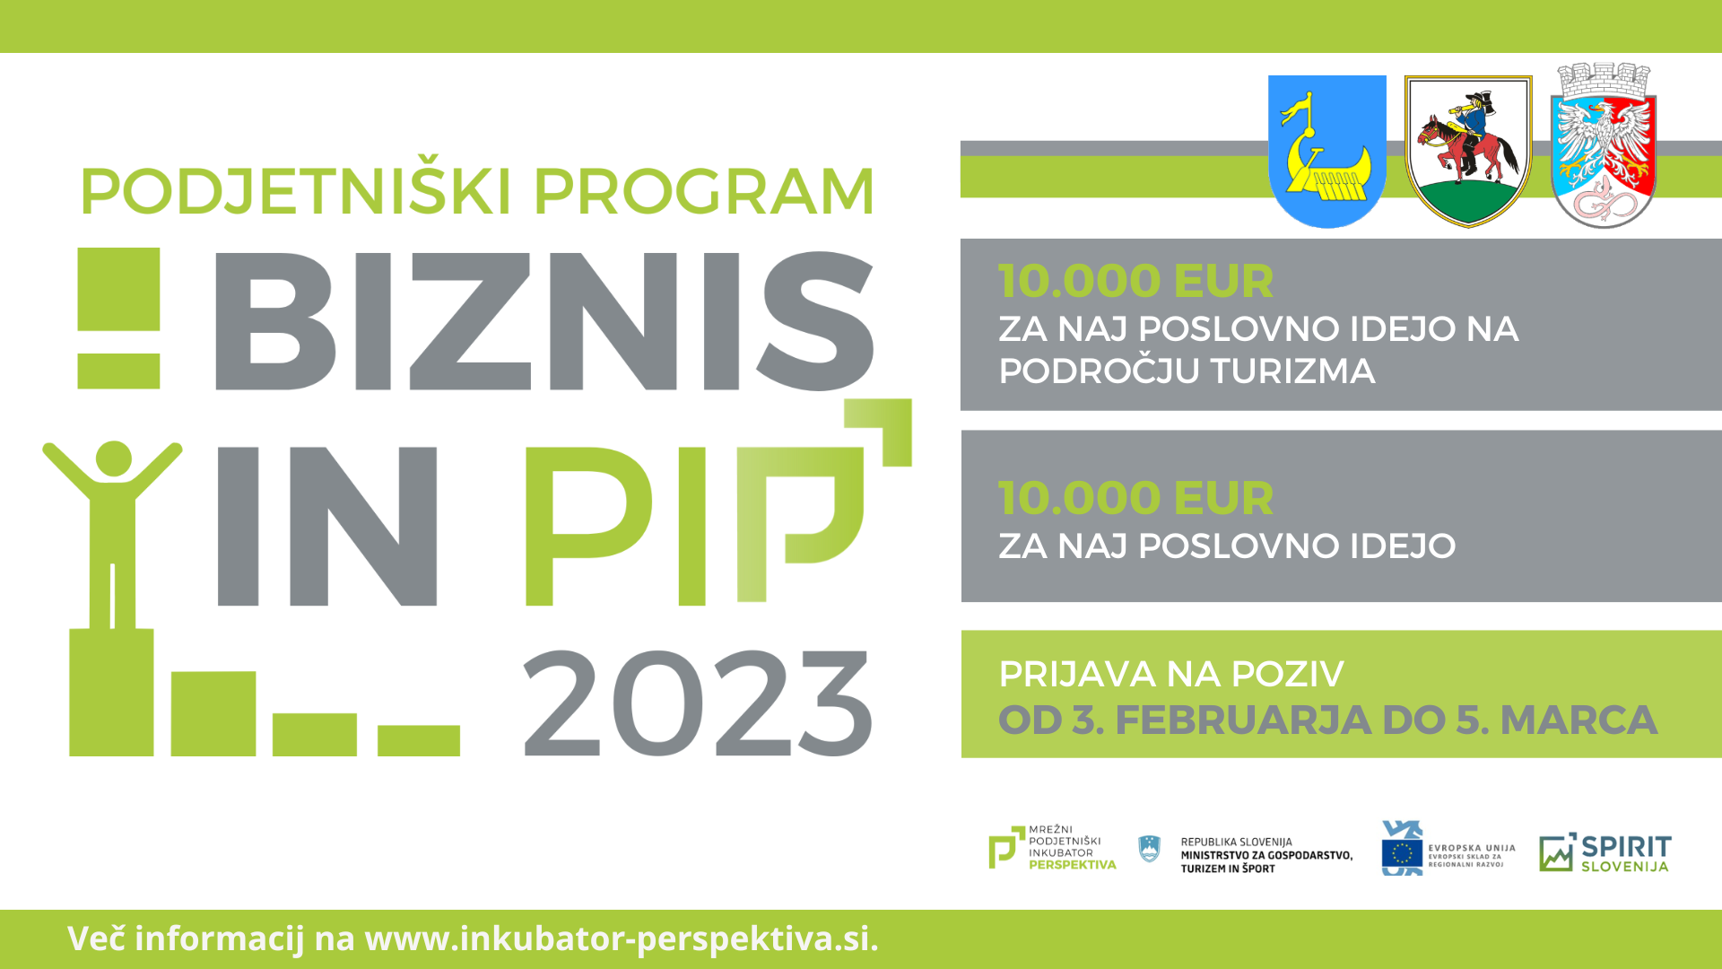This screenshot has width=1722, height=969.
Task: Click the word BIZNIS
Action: pos(544,321)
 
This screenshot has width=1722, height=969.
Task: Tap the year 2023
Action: pos(697,703)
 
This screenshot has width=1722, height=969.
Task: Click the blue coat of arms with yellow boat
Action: pos(1327,151)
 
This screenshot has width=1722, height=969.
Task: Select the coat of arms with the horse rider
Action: pos(1468,151)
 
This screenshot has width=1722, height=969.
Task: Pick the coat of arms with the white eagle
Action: pos(1604,145)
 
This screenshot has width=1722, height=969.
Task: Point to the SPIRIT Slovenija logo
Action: pos(1605,852)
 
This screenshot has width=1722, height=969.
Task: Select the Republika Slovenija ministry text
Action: pos(1266,855)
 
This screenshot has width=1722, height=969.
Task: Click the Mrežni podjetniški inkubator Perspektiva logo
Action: pos(1053,848)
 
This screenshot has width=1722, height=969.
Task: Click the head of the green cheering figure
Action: pos(114,458)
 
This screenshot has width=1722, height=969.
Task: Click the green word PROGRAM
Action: pos(704,191)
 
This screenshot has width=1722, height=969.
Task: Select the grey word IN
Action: pos(327,526)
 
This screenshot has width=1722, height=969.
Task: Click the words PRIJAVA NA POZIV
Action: pos(1171,674)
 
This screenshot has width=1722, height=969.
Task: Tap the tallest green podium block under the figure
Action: pos(111,692)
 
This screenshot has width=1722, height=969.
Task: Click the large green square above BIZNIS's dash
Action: pos(118,289)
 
